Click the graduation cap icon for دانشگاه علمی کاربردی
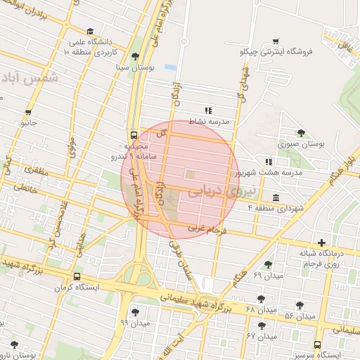coord(90,32)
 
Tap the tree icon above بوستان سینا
coord(135,57)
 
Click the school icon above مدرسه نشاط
coord(207,110)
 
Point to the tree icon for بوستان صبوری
coord(301,133)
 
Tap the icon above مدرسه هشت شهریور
coord(268,162)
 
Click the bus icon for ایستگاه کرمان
coord(76,277)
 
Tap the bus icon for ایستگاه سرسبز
coord(318,345)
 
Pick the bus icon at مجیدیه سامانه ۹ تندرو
coord(134,136)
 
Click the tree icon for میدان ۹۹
coord(135,312)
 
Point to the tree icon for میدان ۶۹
coord(268,264)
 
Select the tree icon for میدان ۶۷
coord(262,326)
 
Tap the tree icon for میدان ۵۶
coord(300,305)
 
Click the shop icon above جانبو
coord(29,112)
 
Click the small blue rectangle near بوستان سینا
coord(170,67)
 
